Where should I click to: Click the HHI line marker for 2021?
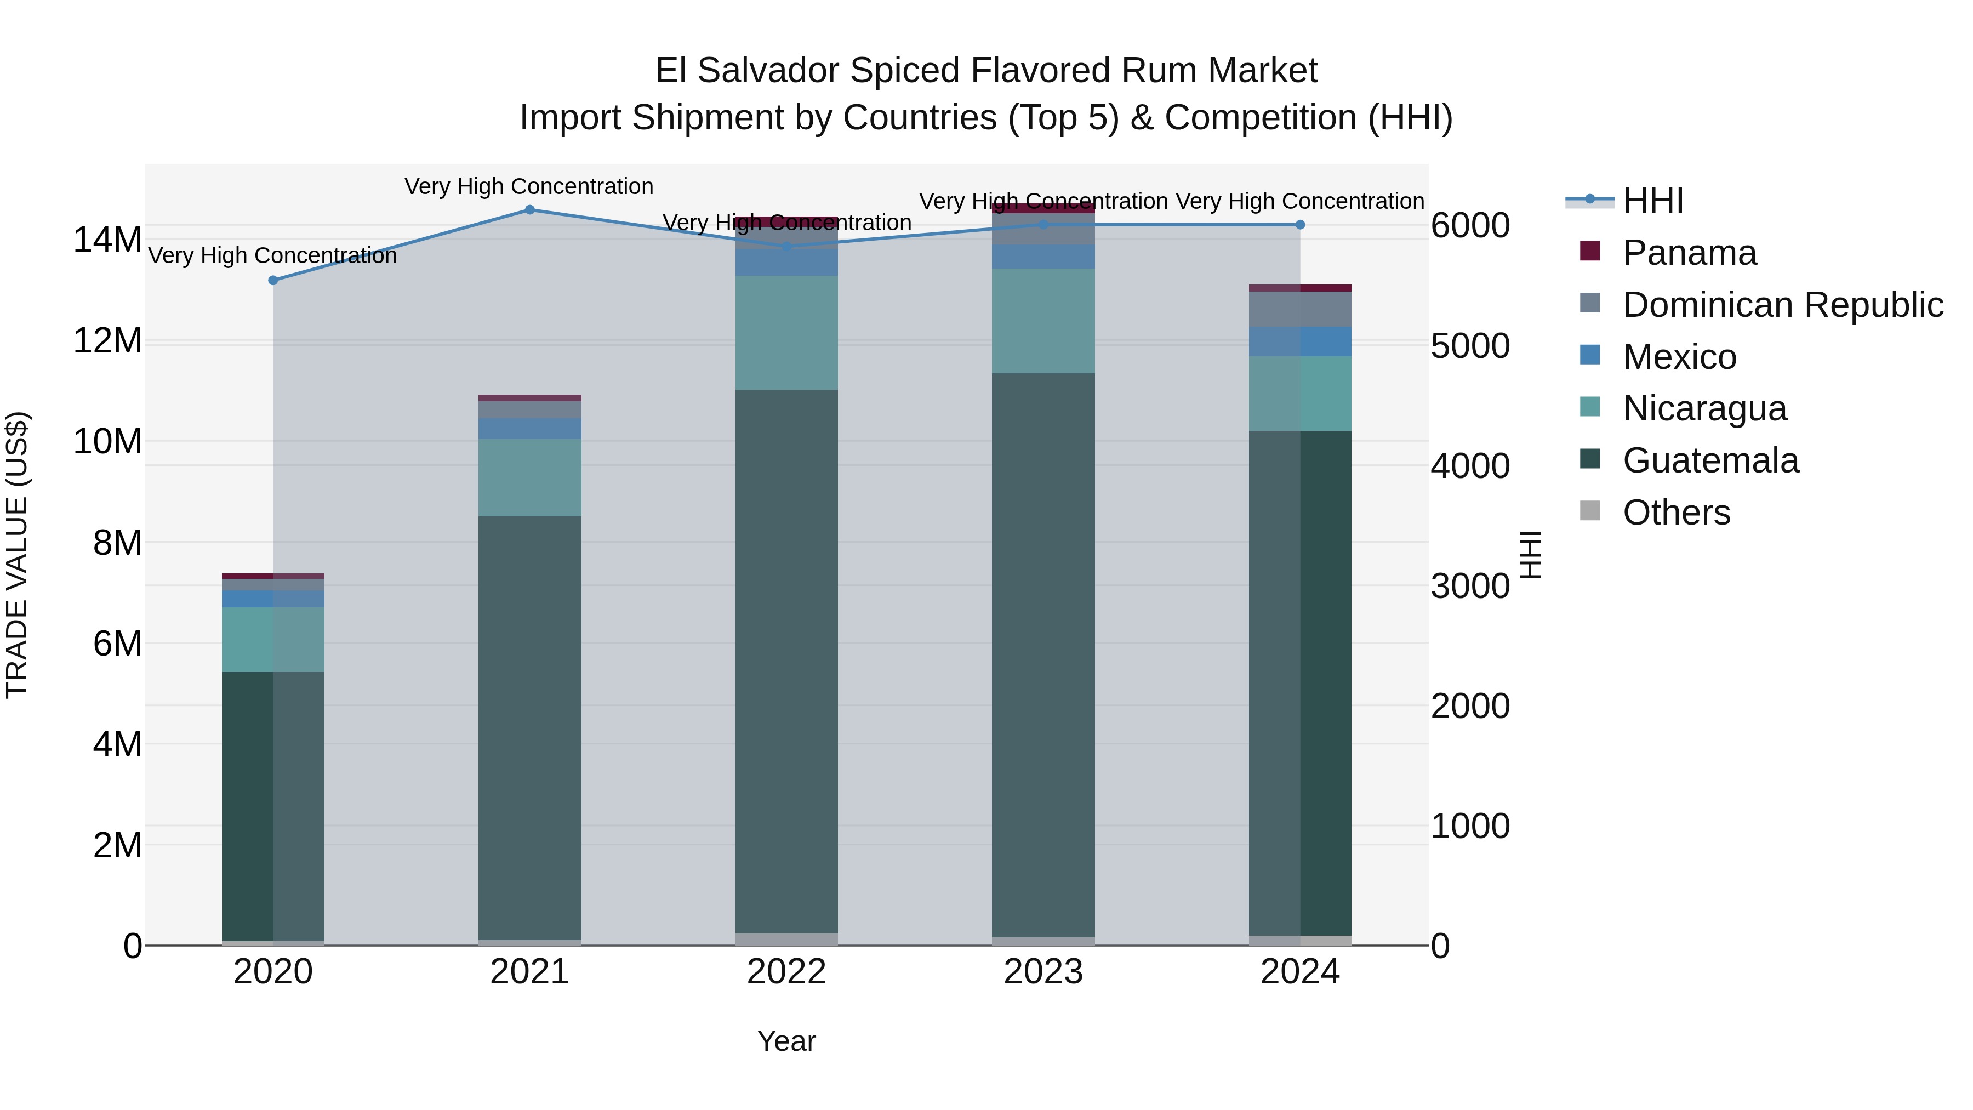pos(529,210)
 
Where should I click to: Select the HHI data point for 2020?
pos(273,280)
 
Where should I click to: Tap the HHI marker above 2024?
pos(1300,224)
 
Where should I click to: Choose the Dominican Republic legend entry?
pos(1782,305)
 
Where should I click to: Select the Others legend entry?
pos(1676,513)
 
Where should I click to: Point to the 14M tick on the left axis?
pos(107,240)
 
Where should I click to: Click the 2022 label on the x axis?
pos(786,972)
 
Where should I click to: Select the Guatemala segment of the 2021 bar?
pos(529,728)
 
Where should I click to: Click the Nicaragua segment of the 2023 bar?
pos(1042,321)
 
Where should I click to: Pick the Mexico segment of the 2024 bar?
pos(1300,341)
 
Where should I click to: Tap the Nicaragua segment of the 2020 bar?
pos(273,640)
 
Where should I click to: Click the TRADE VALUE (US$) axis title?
pos(17,555)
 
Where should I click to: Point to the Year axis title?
pos(786,1041)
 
